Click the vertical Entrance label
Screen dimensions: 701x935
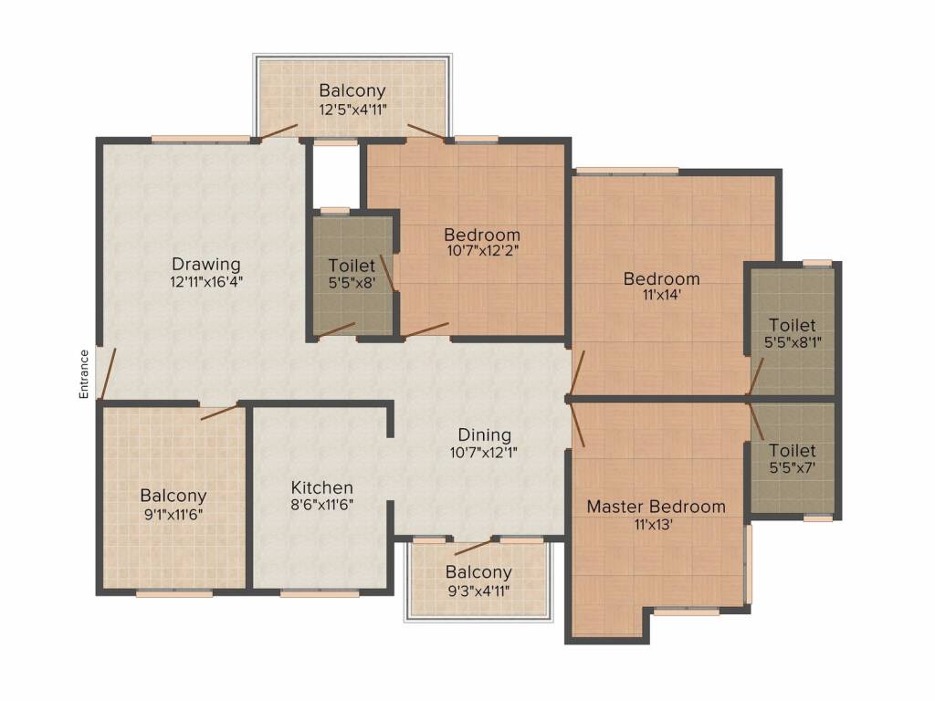point(83,374)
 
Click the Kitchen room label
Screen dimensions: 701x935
point(321,487)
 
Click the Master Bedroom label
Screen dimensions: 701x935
point(656,507)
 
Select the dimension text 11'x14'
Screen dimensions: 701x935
point(661,295)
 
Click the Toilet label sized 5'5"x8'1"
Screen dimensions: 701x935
point(792,325)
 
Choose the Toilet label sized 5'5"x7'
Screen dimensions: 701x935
point(792,451)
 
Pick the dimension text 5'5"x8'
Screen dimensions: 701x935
point(352,282)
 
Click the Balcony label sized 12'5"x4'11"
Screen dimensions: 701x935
point(352,91)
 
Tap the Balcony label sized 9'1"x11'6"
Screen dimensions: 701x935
point(173,496)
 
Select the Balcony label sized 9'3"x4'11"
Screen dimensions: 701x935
point(478,572)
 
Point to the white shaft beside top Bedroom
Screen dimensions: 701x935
point(336,173)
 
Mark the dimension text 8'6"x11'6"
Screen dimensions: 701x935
point(321,504)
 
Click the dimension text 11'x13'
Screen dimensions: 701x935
point(656,524)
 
